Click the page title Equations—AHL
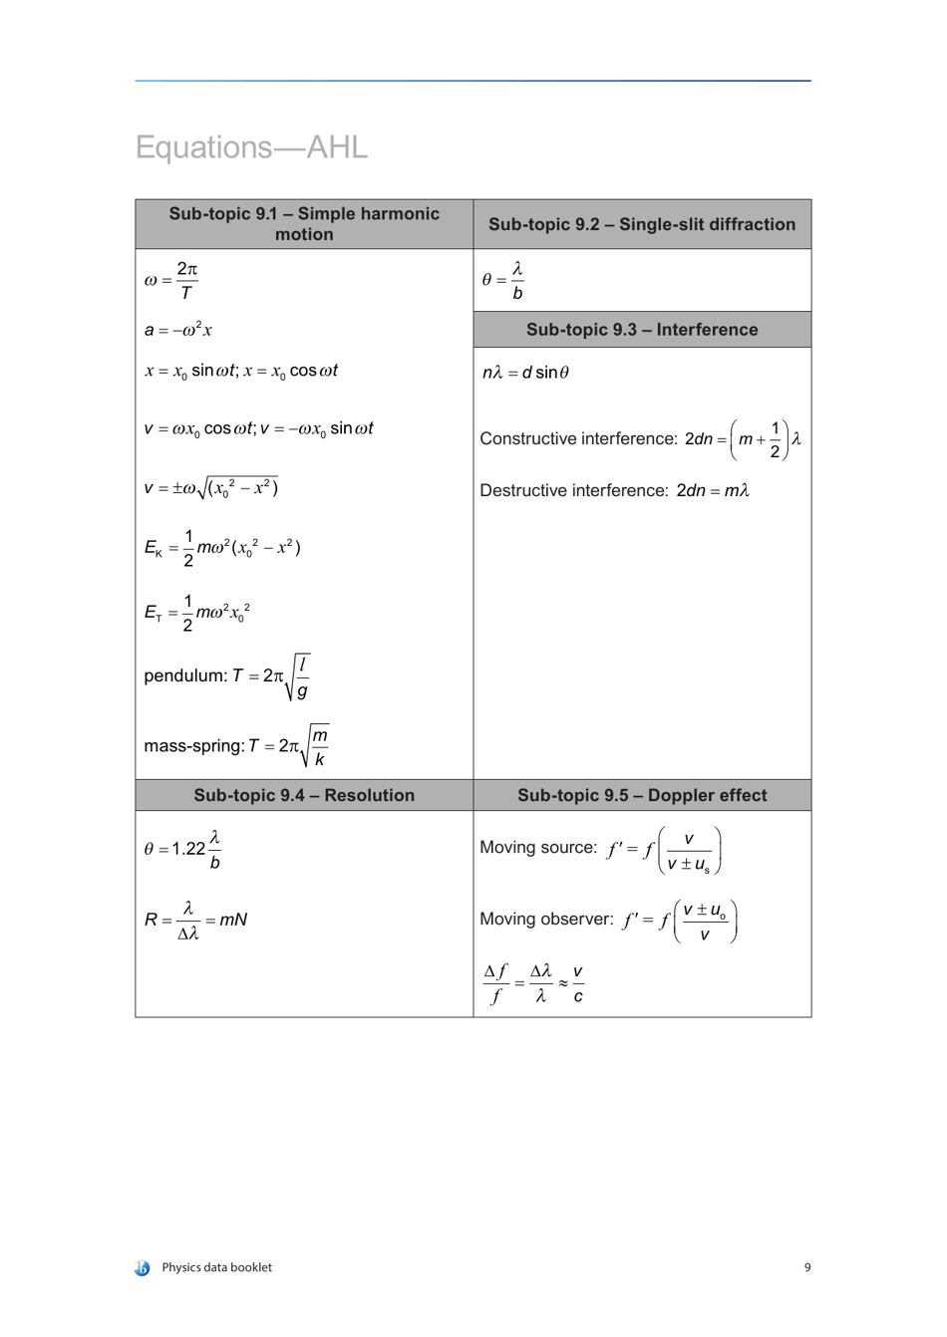click(251, 147)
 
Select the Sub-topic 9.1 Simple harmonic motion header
click(304, 224)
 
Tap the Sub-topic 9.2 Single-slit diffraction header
click(642, 225)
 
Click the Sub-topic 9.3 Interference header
click(642, 330)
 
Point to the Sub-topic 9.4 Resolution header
click(304, 795)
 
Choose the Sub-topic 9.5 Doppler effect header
click(642, 795)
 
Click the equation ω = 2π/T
click(171, 280)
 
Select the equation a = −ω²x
click(177, 330)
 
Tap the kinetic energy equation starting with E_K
click(222, 548)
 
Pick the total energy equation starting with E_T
click(196, 612)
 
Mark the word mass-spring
click(193, 746)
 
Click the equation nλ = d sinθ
click(525, 373)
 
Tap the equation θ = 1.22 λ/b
click(182, 850)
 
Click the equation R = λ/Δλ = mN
click(195, 921)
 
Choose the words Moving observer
click(546, 920)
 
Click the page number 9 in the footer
click(807, 1267)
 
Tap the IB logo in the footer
click(143, 1268)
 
